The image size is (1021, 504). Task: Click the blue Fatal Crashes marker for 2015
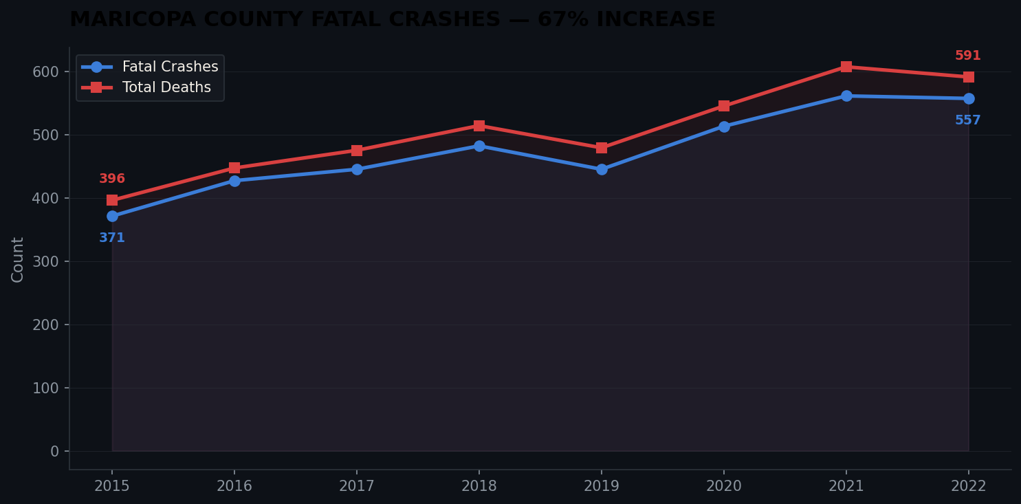coord(112,216)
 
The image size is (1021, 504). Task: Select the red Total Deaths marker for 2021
coord(846,67)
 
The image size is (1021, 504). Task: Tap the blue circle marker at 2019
coord(602,169)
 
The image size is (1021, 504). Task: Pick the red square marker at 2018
coord(479,126)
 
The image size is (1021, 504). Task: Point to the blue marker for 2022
coord(968,98)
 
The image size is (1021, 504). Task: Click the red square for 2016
coord(234,168)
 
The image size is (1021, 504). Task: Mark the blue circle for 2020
coord(724,127)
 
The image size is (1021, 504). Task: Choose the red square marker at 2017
coord(357,151)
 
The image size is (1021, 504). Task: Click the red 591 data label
coord(967,56)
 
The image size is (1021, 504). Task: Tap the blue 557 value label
coord(967,120)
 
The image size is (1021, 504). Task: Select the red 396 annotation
coord(112,179)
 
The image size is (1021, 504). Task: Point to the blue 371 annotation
coord(112,238)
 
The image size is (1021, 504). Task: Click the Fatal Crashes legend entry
coord(170,67)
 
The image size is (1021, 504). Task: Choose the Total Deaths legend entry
coord(166,88)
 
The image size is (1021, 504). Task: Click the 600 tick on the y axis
coord(46,72)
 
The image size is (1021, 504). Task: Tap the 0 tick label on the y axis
coord(55,451)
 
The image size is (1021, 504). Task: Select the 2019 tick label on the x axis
coord(602,486)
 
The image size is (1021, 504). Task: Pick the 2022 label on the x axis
coord(968,486)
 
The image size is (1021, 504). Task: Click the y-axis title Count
coord(18,259)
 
